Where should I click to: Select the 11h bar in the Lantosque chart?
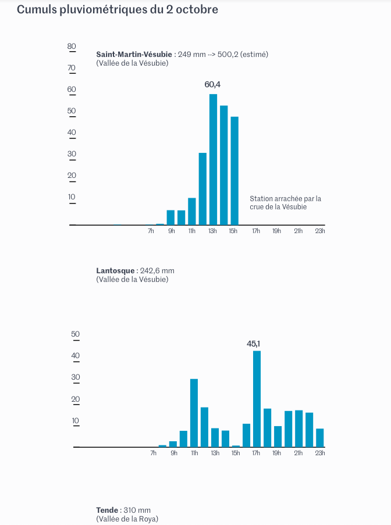pos(194,413)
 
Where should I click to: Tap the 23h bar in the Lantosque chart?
pos(319,437)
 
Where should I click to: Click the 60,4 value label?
pos(212,85)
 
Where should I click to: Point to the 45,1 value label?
pos(254,344)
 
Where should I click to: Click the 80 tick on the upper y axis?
pos(72,47)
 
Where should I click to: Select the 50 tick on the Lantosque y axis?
pos(75,334)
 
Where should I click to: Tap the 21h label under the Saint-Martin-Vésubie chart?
pos(298,231)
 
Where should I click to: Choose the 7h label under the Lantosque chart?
pos(153,453)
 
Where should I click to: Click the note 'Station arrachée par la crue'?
pos(285,202)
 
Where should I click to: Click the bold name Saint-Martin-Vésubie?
pos(134,54)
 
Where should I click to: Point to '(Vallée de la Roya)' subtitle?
pos(127,519)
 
